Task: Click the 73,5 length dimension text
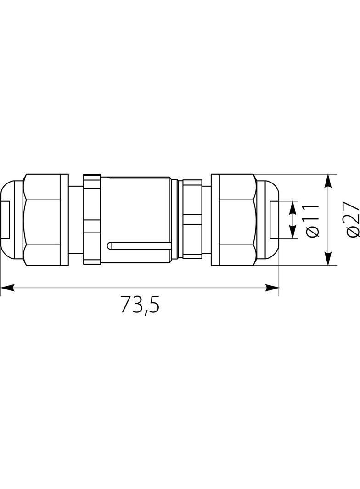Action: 140,304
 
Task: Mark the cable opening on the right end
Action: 274,220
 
